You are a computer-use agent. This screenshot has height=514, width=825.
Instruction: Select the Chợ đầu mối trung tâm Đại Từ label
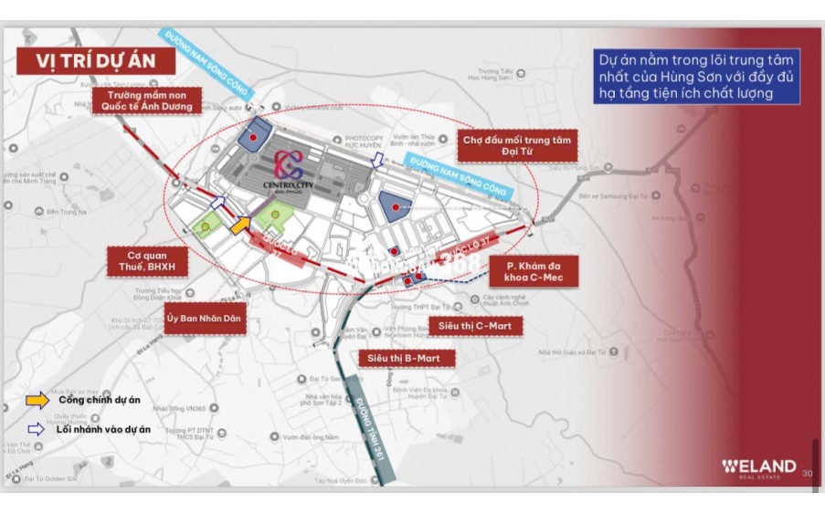516,146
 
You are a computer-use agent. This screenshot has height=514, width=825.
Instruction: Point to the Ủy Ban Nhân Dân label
206,319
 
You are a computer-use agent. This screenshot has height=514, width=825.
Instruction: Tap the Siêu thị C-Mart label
475,325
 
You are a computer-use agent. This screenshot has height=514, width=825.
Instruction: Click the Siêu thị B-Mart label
406,359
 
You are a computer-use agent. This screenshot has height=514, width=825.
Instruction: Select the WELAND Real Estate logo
758,467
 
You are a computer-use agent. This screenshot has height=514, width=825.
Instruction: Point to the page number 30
807,473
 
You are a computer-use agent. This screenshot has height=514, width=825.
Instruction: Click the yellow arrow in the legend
37,399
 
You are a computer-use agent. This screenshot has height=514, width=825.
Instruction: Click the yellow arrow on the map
240,224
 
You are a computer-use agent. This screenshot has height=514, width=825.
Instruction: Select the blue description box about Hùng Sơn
696,75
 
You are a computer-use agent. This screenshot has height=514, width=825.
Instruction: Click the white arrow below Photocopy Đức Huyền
378,159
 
